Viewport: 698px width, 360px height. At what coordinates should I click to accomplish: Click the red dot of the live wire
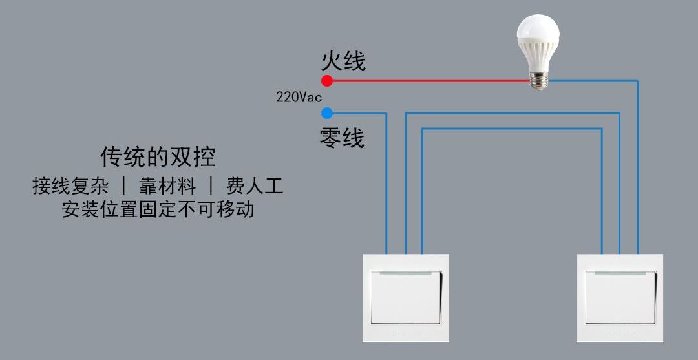(x=327, y=81)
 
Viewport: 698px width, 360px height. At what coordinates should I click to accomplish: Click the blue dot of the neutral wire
(x=327, y=113)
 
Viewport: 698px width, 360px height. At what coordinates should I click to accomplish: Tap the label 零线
(x=342, y=138)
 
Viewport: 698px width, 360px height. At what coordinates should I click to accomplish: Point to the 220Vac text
(x=299, y=97)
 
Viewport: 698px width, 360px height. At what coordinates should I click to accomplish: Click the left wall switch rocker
(x=406, y=297)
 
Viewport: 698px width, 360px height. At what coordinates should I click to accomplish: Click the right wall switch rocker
(x=620, y=297)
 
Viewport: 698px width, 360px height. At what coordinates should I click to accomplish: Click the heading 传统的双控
(x=158, y=156)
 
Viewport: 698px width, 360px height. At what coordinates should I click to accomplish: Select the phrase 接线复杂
(x=70, y=185)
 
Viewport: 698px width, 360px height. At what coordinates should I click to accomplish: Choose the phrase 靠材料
(x=167, y=185)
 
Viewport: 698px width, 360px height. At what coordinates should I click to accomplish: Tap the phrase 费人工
(x=255, y=185)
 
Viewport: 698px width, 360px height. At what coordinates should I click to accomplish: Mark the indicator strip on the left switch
(x=405, y=273)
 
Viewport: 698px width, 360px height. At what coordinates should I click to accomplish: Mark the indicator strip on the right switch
(x=620, y=273)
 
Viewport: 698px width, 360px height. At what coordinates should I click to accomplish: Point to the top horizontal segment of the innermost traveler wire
(x=512, y=129)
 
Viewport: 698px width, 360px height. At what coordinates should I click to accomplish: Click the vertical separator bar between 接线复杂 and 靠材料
(x=123, y=186)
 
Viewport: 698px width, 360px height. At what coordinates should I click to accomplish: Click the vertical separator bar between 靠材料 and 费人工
(x=211, y=186)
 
